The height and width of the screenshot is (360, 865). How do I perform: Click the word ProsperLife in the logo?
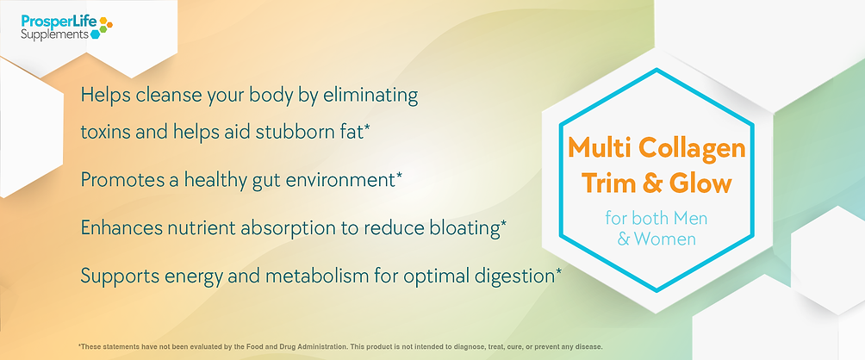59,22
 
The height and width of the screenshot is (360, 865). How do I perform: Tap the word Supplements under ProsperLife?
54,34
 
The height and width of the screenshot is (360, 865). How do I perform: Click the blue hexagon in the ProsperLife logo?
96,34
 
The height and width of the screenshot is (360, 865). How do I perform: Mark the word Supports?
113,276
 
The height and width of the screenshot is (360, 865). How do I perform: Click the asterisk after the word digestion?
559,272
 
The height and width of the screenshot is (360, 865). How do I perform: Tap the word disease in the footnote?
590,347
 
